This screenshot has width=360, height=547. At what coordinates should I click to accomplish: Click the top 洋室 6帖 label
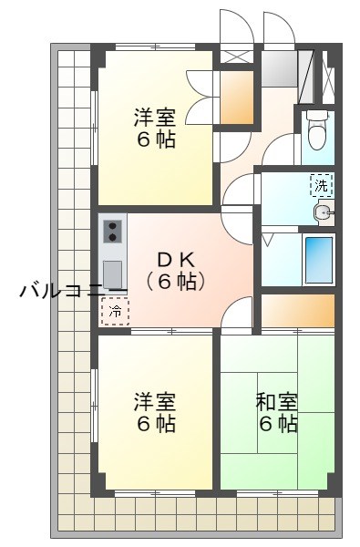pos(154,129)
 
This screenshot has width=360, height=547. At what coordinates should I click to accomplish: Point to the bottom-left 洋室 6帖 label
pos(154,412)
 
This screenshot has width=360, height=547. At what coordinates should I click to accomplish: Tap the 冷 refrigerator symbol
pos(115,311)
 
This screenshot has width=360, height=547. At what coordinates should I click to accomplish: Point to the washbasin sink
pos(322,213)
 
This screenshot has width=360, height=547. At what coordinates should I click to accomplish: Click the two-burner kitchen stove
pos(114,230)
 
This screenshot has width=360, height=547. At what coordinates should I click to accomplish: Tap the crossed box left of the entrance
pos(235,55)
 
